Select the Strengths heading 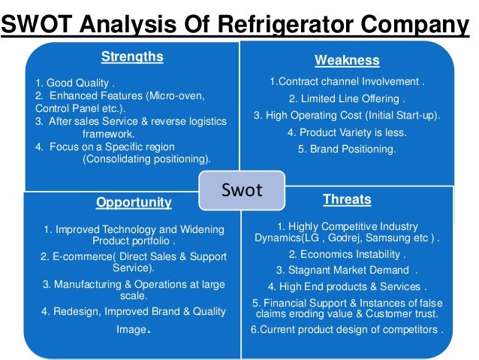132,56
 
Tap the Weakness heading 346,60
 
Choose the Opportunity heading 134,202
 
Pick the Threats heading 346,199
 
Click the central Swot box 241,190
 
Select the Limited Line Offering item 346,98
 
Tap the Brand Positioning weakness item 346,149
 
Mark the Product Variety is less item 346,132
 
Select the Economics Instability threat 347,254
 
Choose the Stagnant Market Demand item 346,270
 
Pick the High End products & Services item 346,286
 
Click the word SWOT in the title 36,27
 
